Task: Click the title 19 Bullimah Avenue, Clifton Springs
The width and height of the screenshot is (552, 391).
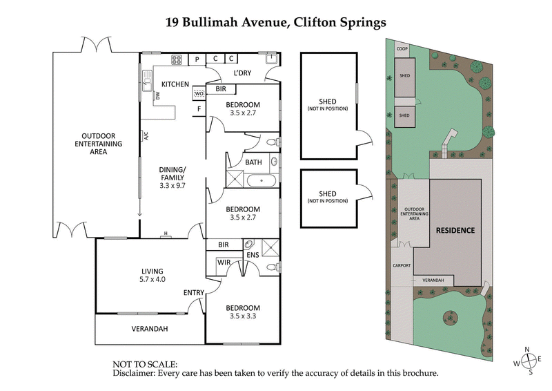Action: pyautogui.click(x=276, y=21)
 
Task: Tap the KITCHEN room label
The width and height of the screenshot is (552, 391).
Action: pyautogui.click(x=175, y=84)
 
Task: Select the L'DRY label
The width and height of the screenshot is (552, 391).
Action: pyautogui.click(x=241, y=73)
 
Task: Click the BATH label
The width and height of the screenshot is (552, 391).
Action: pyautogui.click(x=253, y=162)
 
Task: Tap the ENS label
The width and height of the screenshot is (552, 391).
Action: pyautogui.click(x=253, y=255)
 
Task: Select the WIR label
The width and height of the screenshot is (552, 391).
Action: pyautogui.click(x=224, y=263)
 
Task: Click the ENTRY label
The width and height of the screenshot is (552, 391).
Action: pyautogui.click(x=193, y=293)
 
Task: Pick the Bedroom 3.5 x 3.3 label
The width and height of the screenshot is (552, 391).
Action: pyautogui.click(x=243, y=312)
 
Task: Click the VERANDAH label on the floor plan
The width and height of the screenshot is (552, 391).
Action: pyautogui.click(x=149, y=329)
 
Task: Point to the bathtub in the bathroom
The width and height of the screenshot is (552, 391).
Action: pyautogui.click(x=261, y=182)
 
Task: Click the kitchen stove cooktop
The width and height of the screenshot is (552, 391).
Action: pyautogui.click(x=177, y=59)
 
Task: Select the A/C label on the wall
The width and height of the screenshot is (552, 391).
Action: pyautogui.click(x=146, y=136)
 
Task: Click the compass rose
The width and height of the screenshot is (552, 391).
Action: pyautogui.click(x=528, y=361)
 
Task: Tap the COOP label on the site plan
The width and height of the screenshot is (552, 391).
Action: pyautogui.click(x=402, y=49)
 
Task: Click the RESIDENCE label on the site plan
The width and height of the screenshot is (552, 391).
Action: pyautogui.click(x=455, y=230)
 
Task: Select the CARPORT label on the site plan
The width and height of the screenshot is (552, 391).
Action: pyautogui.click(x=402, y=265)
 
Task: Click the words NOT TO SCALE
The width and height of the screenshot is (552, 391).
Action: pyautogui.click(x=145, y=363)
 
